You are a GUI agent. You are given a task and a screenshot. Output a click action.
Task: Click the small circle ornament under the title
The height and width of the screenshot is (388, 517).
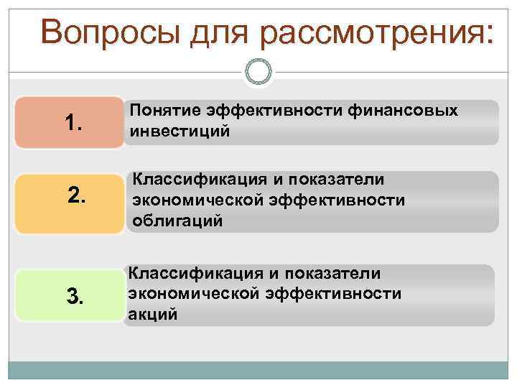pos(258,73)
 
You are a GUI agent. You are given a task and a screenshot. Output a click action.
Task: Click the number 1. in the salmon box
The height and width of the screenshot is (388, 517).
pos(74,124)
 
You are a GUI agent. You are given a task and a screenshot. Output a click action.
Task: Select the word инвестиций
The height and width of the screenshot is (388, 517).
pos(180,131)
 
